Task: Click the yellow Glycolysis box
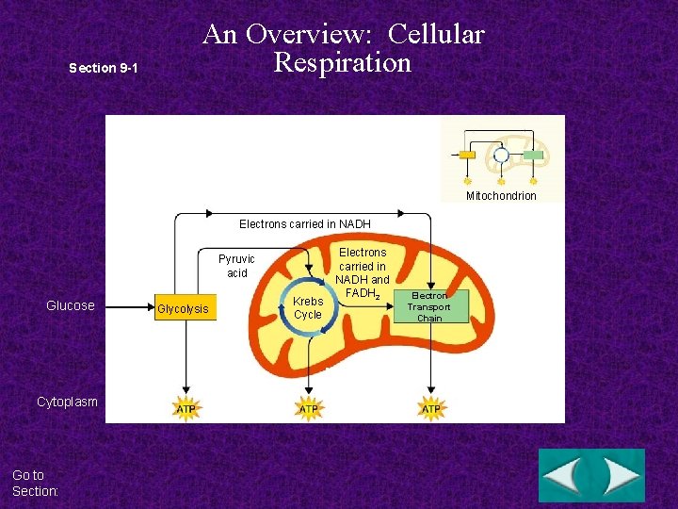pos(185,309)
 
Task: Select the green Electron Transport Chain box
pos(429,306)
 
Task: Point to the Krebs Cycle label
pos(308,308)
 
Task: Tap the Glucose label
pos(71,305)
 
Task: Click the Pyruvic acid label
pos(236,266)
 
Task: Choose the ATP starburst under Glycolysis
pos(186,409)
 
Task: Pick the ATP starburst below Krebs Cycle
pos(309,409)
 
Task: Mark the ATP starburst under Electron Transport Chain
pos(431,409)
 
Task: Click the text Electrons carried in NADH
pos(305,224)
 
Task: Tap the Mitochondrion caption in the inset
pos(501,196)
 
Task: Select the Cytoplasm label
pos(67,402)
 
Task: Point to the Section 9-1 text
pos(105,68)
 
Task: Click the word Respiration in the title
pos(343,62)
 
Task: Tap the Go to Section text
pos(36,483)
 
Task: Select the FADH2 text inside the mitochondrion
pos(363,293)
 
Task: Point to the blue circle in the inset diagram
pos(501,155)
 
